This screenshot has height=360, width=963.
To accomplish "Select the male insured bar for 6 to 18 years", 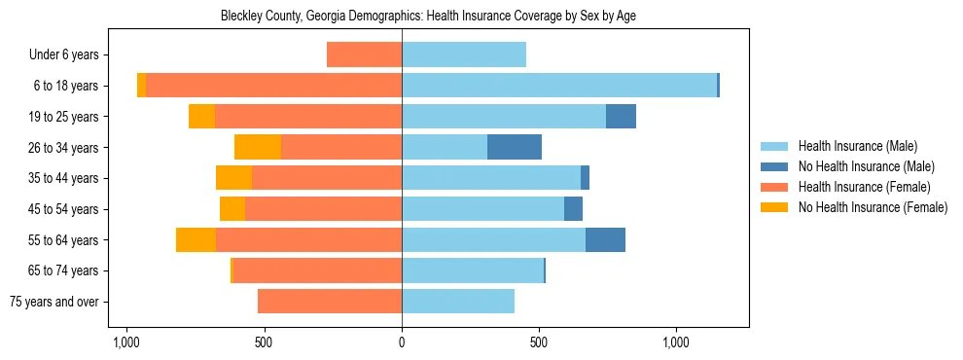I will (x=559, y=86).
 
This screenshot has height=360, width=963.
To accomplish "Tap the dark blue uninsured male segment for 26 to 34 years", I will (x=515, y=147).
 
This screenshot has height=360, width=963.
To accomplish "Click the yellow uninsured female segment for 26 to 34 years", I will (x=258, y=147).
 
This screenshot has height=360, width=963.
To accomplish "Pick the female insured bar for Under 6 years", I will (x=364, y=54).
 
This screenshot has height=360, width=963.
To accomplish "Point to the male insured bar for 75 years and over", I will (x=458, y=302).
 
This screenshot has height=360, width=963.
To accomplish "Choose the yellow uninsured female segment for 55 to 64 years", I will (x=196, y=239).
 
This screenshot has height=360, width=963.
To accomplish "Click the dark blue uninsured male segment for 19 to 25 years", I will (x=621, y=116).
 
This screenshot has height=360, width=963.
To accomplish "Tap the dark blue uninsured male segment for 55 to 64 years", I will (x=605, y=239).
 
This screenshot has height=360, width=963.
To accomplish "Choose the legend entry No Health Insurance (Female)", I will (x=873, y=207).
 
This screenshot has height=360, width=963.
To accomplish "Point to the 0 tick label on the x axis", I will (x=402, y=342).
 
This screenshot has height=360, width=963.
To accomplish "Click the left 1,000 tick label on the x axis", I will (x=126, y=342).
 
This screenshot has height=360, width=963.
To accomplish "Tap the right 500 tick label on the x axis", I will (x=539, y=342).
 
